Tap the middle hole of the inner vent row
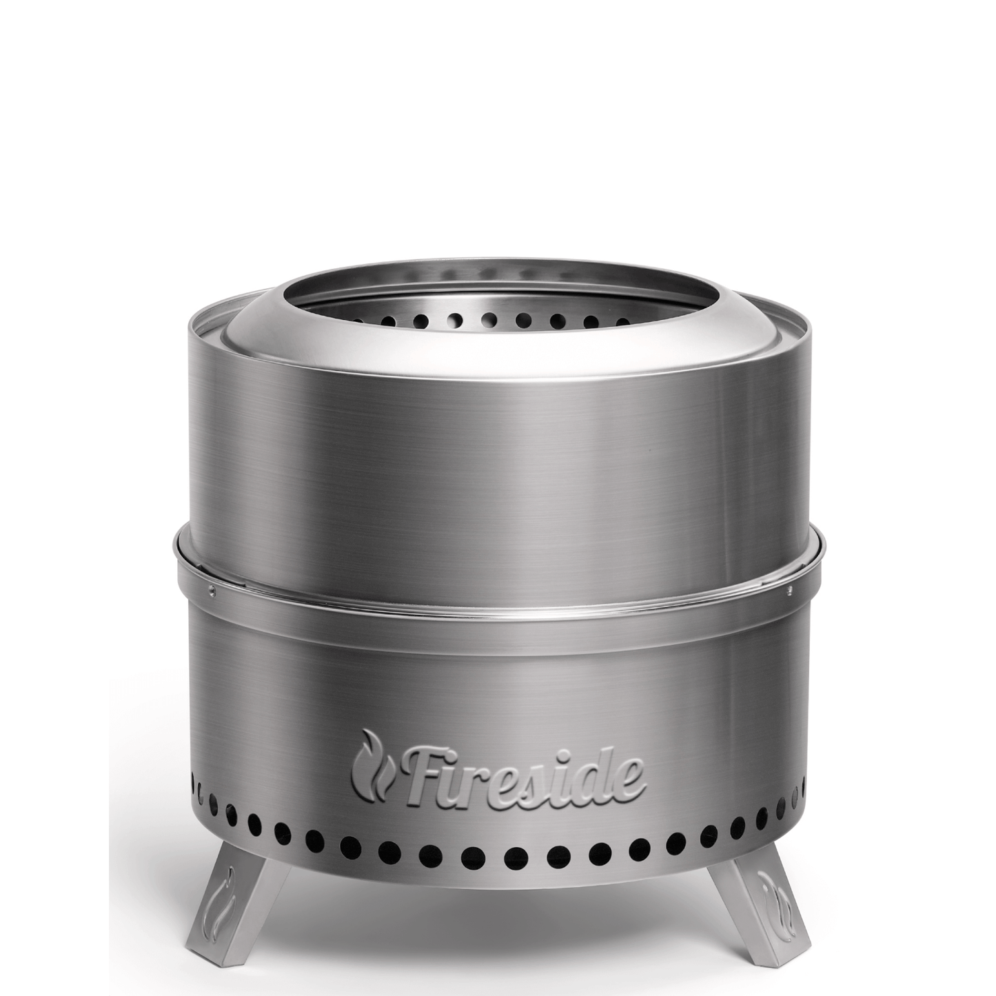click(489, 318)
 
